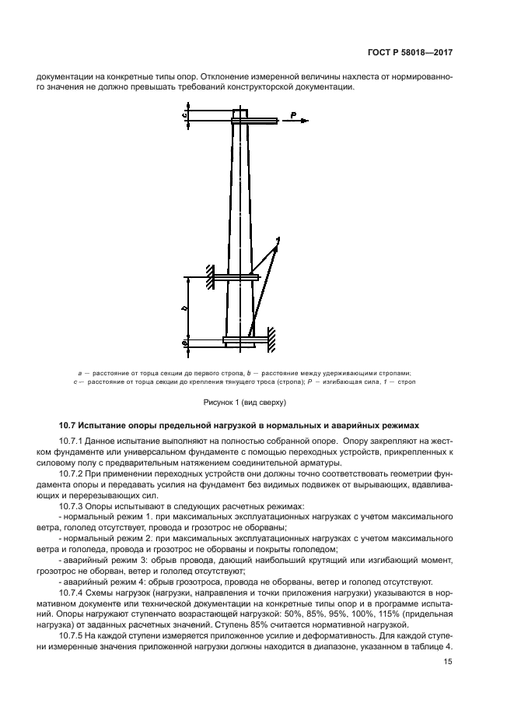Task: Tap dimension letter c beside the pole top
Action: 184,115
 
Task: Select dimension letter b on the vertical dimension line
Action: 184,309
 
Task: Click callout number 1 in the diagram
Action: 278,240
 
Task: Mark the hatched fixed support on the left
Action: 210,276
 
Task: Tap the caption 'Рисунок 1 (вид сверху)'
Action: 245,403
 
